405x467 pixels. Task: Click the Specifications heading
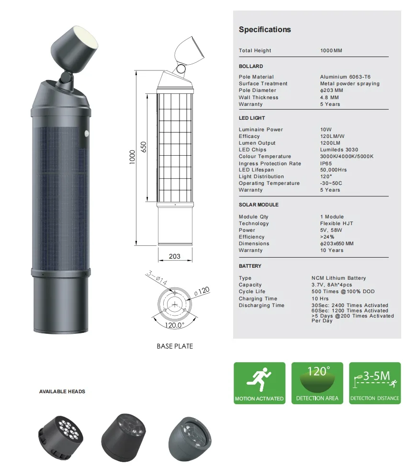pos(265,30)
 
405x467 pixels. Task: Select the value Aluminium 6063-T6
pos(345,77)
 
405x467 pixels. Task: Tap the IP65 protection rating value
pos(326,163)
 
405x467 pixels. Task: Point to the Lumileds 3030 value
pos(339,150)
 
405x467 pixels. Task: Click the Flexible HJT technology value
pos(337,223)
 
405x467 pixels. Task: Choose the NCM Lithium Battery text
pos(338,278)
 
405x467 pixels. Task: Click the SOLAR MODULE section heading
pos(259,205)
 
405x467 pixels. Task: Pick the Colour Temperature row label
pos(265,156)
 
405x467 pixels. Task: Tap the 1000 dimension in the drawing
pos(132,157)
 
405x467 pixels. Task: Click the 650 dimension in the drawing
pos(144,147)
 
